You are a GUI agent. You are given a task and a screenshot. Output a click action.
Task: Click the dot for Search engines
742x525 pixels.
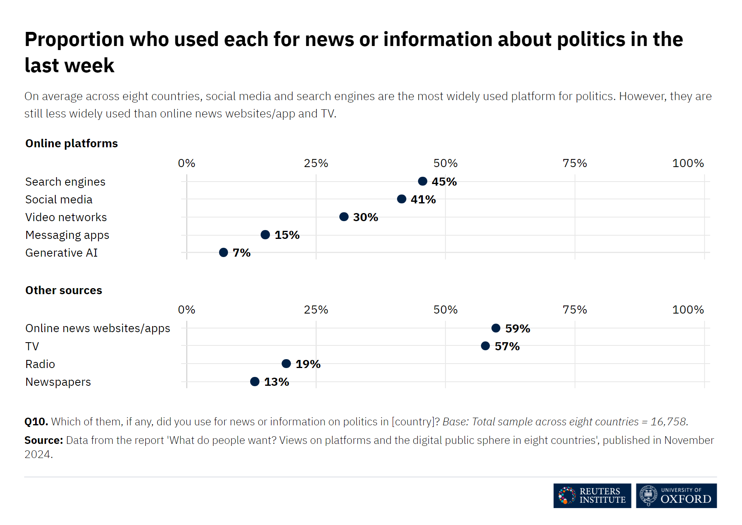tap(422, 181)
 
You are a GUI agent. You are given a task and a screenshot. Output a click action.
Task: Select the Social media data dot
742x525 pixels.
tap(401, 199)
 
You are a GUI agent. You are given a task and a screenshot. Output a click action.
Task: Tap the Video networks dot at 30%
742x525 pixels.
tap(344, 217)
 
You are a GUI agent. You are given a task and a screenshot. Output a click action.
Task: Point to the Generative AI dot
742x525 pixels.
tap(224, 252)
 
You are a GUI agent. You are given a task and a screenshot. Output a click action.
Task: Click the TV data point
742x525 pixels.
tap(485, 346)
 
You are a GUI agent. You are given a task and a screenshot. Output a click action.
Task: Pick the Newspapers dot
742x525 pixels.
tap(255, 381)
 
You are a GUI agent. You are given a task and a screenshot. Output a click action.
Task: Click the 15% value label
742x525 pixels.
tap(287, 235)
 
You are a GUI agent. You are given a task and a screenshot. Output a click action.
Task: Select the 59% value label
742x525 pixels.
tap(518, 328)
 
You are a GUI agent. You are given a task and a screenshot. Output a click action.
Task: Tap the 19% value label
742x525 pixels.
tap(308, 364)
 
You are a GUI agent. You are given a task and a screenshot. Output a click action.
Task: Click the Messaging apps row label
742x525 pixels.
tap(67, 235)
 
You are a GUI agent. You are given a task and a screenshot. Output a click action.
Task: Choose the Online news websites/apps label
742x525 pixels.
tap(98, 328)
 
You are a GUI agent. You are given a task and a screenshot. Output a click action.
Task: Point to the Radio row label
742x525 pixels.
tap(40, 364)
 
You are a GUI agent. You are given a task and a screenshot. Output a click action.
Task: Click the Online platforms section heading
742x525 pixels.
tap(71, 143)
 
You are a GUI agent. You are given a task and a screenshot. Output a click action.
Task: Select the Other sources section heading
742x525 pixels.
tap(64, 290)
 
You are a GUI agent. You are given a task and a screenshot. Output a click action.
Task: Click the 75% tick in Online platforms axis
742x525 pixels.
tap(575, 163)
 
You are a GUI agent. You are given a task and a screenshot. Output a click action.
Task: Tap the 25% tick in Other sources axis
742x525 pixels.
tap(316, 310)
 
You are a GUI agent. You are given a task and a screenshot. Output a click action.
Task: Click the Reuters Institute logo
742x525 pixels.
tap(592, 496)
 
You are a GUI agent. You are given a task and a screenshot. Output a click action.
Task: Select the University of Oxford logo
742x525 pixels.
tap(676, 496)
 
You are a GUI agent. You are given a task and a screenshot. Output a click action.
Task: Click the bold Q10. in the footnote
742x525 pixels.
tap(36, 422)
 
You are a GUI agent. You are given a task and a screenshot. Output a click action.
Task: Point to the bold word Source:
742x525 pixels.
tap(44, 440)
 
